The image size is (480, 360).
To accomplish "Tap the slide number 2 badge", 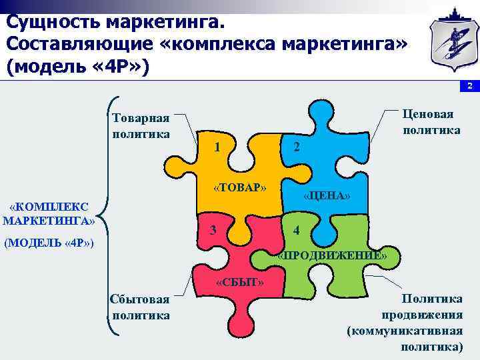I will (469, 87).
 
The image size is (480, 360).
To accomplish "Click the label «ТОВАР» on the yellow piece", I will (240, 187).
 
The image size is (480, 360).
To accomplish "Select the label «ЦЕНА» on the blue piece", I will (327, 196).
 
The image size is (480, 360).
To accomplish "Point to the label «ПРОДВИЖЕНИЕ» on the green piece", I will (332, 255).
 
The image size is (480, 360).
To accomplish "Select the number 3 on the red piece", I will (212, 231).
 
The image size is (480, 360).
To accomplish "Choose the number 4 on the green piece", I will (297, 231).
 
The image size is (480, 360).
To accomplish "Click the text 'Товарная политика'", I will (141, 125).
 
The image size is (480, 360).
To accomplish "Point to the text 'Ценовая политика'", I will (431, 121).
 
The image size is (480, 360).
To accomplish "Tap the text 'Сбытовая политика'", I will (141, 307).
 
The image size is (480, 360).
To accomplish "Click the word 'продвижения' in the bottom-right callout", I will (422, 315).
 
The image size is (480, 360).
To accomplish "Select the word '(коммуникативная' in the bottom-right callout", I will (405, 331).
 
